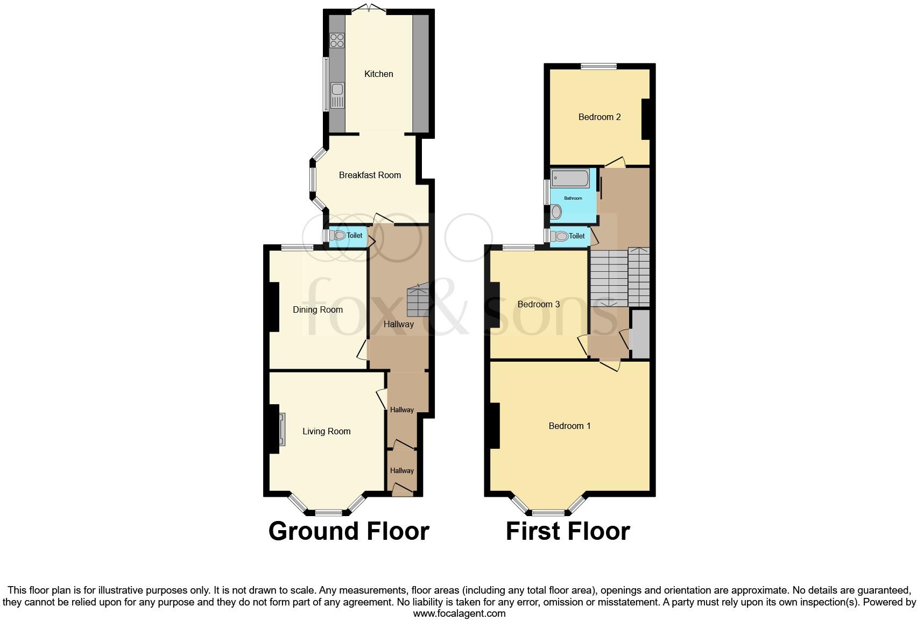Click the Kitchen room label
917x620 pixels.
pos(378,74)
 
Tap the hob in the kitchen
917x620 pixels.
pos(337,40)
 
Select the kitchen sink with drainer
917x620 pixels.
pos(337,96)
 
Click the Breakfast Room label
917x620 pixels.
pos(370,175)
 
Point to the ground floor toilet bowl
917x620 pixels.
pos(339,235)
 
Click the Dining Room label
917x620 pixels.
pos(318,309)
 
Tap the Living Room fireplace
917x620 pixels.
pos(281,429)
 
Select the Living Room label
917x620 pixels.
pos(326,431)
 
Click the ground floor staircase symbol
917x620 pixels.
pos(418,301)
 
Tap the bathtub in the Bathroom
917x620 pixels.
pos(570,178)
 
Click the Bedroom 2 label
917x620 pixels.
pos(599,117)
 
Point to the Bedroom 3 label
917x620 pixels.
pos(538,304)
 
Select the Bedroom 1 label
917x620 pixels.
pos(569,426)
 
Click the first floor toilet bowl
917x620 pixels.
pos(561,236)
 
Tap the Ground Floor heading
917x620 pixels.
pos(348,531)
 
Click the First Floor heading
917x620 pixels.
pos(567,531)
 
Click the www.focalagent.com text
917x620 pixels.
pos(459,613)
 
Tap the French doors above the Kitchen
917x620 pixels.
pos(369,9)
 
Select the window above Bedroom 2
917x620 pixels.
pos(598,67)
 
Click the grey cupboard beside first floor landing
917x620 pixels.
pos(640,334)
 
